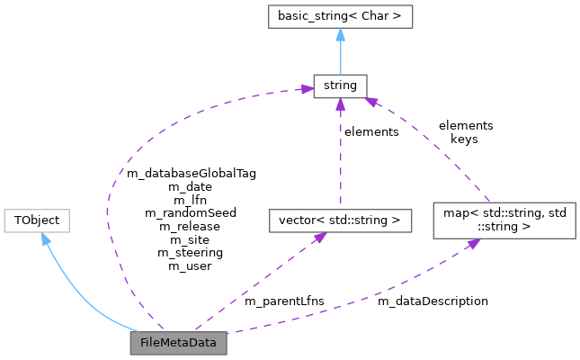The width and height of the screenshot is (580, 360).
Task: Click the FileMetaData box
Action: (x=178, y=343)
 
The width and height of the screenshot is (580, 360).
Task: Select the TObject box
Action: (x=37, y=220)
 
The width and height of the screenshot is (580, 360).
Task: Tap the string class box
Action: (x=339, y=86)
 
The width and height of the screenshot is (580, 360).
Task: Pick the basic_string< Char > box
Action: (x=340, y=16)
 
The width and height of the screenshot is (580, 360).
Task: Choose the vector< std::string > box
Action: (x=339, y=220)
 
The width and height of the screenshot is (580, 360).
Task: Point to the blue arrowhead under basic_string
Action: (x=340, y=35)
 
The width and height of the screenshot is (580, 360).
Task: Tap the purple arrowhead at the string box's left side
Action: (x=306, y=89)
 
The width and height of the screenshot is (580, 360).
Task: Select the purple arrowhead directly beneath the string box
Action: (x=340, y=105)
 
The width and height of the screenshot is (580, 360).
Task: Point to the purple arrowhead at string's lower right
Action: (x=368, y=102)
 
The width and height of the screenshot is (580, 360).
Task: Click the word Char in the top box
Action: (x=376, y=16)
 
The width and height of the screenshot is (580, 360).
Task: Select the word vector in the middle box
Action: (x=295, y=220)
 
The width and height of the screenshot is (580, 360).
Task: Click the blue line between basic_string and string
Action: (x=340, y=56)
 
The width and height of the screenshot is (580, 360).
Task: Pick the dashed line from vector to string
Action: (x=340, y=162)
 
